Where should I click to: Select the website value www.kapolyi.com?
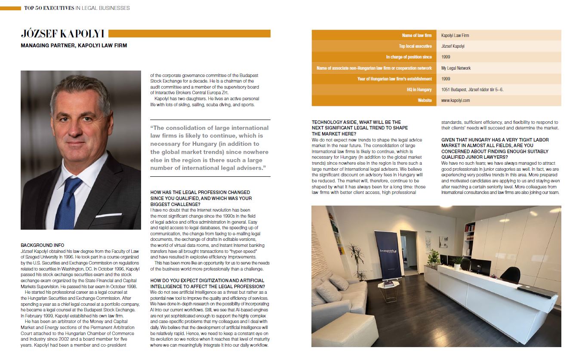tap(456, 100)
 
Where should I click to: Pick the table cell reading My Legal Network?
tap(456, 68)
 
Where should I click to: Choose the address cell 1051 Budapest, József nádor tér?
tap(472, 89)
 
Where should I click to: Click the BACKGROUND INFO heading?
tap(42, 245)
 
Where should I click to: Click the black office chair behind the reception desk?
tap(511, 274)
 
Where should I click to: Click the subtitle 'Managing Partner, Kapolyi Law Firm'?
tap(74, 45)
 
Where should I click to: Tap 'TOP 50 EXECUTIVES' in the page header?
tap(49, 8)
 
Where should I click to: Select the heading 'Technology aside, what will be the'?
tap(356, 122)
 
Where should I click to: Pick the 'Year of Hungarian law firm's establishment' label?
tap(394, 79)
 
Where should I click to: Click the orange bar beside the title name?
tap(190, 34)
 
